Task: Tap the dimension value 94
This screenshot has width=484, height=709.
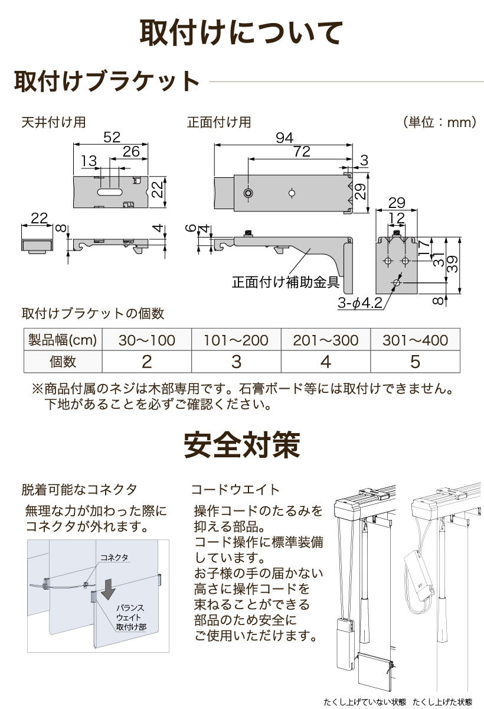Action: click(284, 138)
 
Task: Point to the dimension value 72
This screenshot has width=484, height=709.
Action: click(301, 152)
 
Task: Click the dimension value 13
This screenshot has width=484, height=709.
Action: click(89, 161)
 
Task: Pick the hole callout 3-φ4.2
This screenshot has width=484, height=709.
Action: click(361, 304)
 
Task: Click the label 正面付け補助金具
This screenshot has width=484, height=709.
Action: click(285, 282)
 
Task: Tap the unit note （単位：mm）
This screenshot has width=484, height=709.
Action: click(440, 122)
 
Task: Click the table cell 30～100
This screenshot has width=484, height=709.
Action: click(147, 340)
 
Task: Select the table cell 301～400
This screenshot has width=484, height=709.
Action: click(415, 340)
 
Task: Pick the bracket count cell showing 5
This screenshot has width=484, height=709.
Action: click(415, 361)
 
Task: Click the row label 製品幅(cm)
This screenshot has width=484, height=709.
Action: click(63, 340)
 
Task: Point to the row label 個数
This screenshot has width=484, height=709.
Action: click(63, 361)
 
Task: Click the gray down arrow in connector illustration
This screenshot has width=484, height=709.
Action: click(107, 589)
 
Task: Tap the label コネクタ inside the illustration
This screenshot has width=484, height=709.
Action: click(114, 557)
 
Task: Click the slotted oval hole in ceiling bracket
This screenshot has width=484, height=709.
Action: click(110, 192)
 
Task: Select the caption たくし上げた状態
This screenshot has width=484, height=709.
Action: click(443, 702)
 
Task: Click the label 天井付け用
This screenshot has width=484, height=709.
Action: click(53, 122)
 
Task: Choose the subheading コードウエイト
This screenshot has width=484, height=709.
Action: click(235, 489)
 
